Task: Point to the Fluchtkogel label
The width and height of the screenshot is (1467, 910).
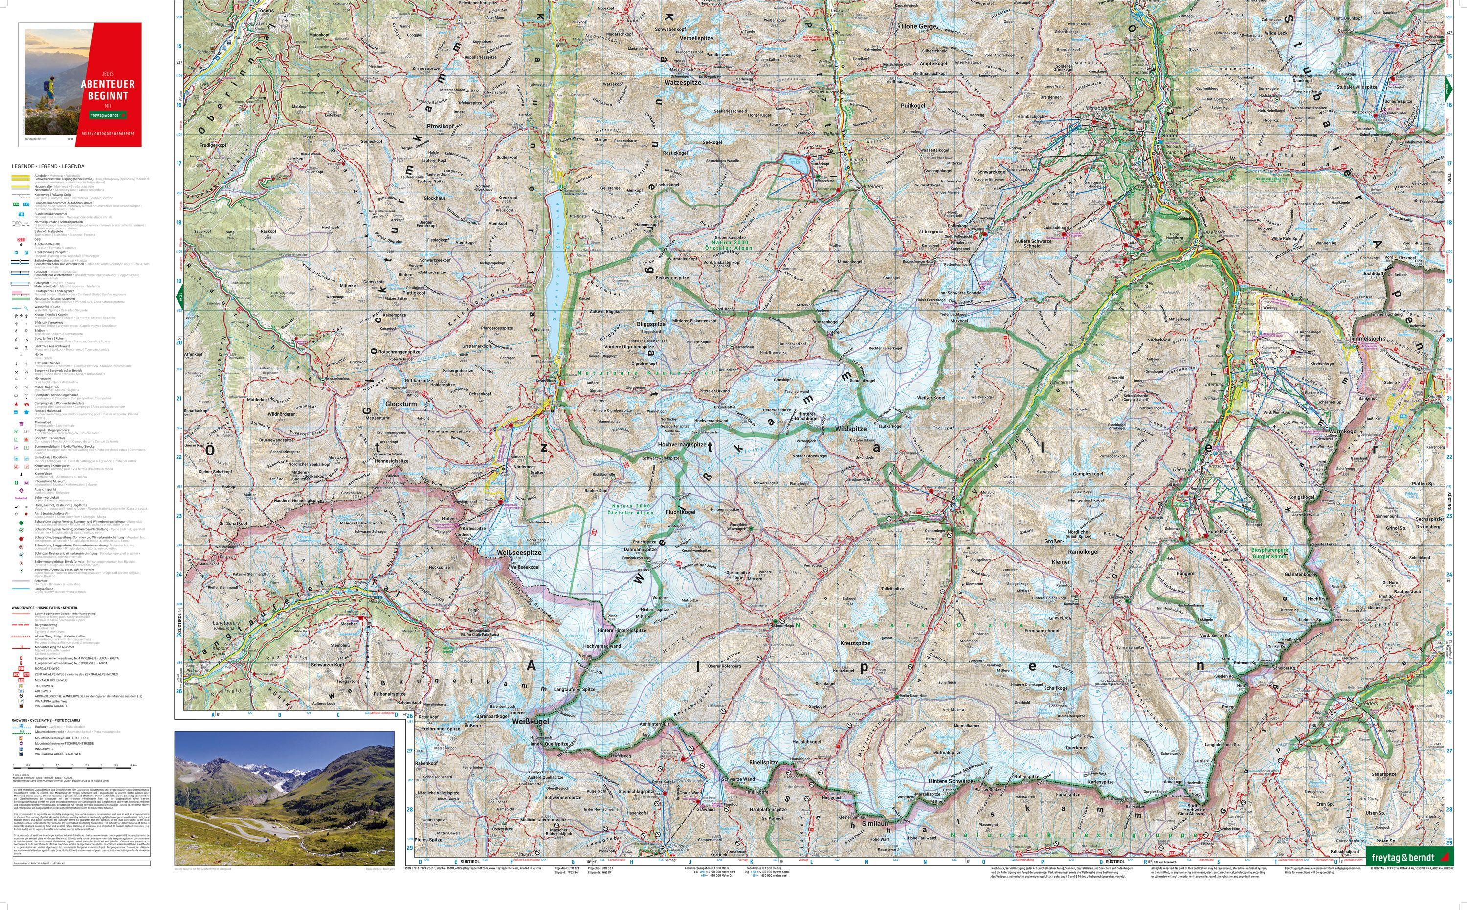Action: tap(680, 512)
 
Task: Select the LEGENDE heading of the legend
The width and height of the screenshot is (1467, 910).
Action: tap(47, 166)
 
